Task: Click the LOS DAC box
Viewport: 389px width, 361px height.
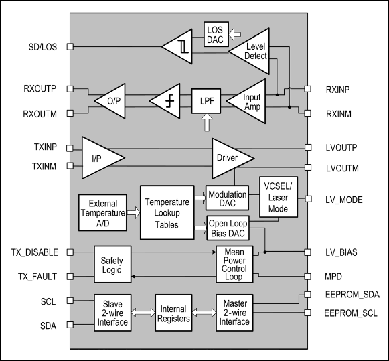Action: tap(216, 33)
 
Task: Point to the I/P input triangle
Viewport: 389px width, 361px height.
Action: tap(98, 157)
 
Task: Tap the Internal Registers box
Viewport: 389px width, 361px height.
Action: tap(173, 313)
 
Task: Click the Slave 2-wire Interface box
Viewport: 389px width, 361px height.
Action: tap(112, 313)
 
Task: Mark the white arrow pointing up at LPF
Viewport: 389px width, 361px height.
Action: tap(206, 123)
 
